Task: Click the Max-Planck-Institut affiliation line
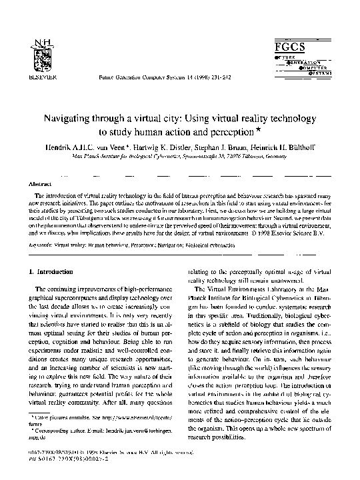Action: click(x=179, y=153)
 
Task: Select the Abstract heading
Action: click(x=37, y=183)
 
